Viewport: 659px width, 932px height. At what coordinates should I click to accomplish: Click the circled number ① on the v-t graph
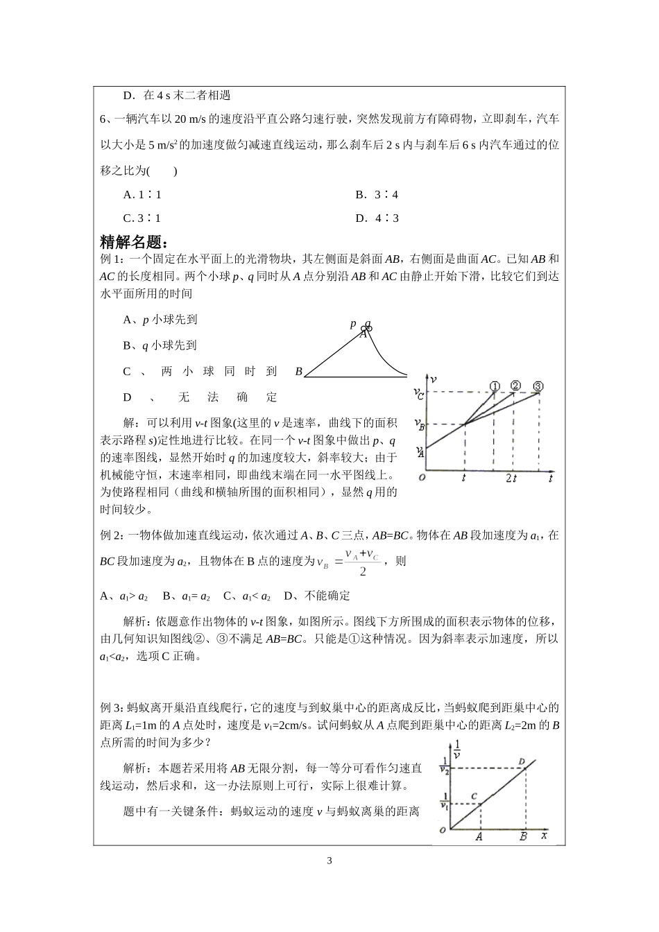click(494, 386)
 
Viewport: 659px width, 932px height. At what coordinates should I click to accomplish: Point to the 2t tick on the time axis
click(512, 478)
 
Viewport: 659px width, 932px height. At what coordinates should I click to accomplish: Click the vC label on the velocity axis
click(418, 394)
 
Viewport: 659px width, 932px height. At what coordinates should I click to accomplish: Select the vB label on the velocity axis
click(419, 423)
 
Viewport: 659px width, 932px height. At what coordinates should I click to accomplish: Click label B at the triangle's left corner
click(298, 372)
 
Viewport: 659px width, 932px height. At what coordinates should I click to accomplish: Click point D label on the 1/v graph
click(522, 761)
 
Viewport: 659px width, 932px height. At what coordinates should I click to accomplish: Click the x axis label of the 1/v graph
click(544, 836)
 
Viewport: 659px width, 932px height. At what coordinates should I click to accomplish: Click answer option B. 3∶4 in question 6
click(377, 195)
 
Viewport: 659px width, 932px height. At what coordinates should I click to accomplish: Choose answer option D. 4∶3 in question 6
click(377, 218)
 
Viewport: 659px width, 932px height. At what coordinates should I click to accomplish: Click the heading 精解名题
click(133, 242)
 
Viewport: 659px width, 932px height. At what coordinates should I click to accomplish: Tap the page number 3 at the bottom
click(329, 861)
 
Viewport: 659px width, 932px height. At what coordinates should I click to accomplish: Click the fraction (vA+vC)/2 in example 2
click(362, 562)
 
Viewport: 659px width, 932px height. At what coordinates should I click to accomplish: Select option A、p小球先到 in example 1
click(160, 320)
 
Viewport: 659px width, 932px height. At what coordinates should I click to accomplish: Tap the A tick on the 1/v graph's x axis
click(479, 837)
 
